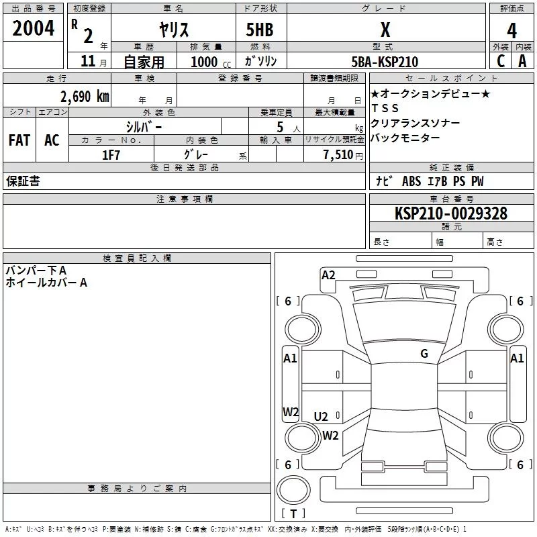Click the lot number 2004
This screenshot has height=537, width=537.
pos(33,28)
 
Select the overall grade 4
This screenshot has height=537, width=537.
pos(511,31)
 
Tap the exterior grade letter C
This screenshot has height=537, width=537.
pos(501,61)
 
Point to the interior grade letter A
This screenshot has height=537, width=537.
pos(522,61)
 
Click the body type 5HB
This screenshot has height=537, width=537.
pos(260,30)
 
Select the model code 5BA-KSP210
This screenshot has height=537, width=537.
pos(385,62)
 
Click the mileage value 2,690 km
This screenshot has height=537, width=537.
pos(85,97)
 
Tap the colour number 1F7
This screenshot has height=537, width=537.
pos(111,155)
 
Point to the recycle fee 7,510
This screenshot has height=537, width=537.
pos(338,155)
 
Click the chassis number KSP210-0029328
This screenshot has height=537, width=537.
pos(451,213)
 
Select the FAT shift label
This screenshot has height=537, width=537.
pos(19,140)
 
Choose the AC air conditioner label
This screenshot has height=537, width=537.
pos(52,140)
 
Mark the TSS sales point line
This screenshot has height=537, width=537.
pos(385,108)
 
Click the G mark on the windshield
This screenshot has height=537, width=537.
pos(424,354)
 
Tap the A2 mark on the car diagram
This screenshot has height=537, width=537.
pos(328,275)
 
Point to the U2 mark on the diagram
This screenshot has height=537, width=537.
pos(321,416)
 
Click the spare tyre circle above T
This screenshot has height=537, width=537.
pos(293,490)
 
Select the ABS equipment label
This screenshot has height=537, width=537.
pos(411,181)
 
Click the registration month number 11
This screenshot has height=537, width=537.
pos(88,61)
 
